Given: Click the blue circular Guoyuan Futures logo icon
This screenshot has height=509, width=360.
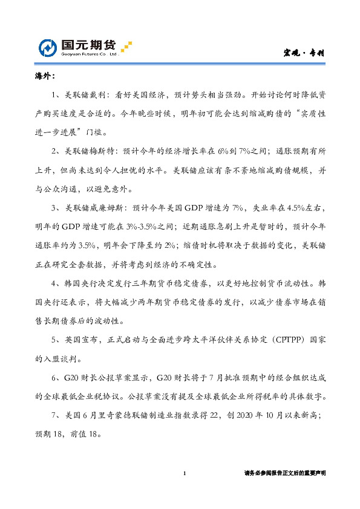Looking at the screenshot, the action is [x=49, y=48].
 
